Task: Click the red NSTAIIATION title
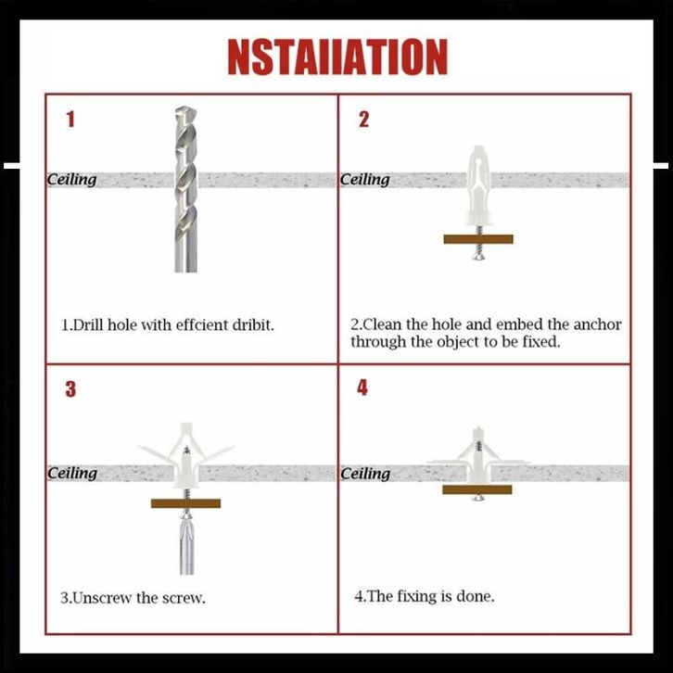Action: coord(337,57)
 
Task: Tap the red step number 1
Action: coord(70,119)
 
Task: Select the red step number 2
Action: coord(363,119)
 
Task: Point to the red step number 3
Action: coord(70,388)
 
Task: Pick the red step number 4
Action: coord(362,387)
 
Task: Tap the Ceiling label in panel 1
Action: coord(71,180)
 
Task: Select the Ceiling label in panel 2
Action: coord(365,180)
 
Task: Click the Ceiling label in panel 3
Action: coord(72,473)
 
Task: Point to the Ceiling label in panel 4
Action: coord(365,474)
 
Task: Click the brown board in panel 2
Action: coord(478,239)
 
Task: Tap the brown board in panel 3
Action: coord(185,503)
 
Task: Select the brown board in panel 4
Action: coord(476,489)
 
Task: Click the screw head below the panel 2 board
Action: coord(478,257)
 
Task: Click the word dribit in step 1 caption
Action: coord(252,324)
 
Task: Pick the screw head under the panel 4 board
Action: coord(477,499)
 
